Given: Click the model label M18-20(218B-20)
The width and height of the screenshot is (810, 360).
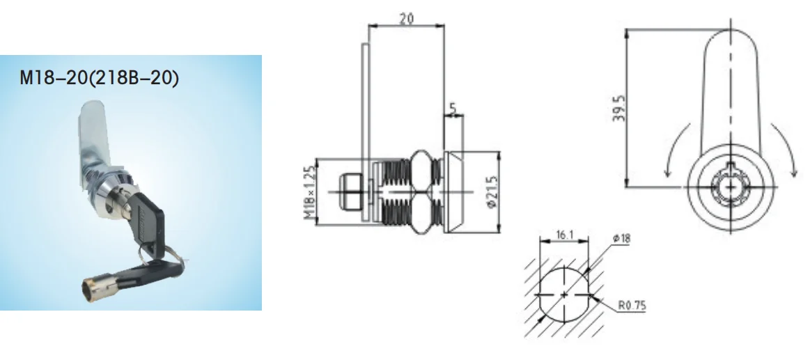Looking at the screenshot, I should pyautogui.click(x=100, y=77).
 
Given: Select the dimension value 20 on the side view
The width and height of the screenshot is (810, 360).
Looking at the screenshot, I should pyautogui.click(x=405, y=18).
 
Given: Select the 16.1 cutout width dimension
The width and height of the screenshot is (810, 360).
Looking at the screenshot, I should pyautogui.click(x=563, y=237).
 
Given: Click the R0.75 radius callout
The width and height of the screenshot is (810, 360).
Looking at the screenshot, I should pyautogui.click(x=631, y=304).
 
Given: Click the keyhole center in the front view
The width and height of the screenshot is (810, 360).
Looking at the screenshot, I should pyautogui.click(x=731, y=187).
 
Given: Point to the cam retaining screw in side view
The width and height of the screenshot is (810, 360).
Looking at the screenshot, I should pyautogui.click(x=348, y=192).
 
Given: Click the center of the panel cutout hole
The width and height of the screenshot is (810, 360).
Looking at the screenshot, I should pyautogui.click(x=563, y=296).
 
